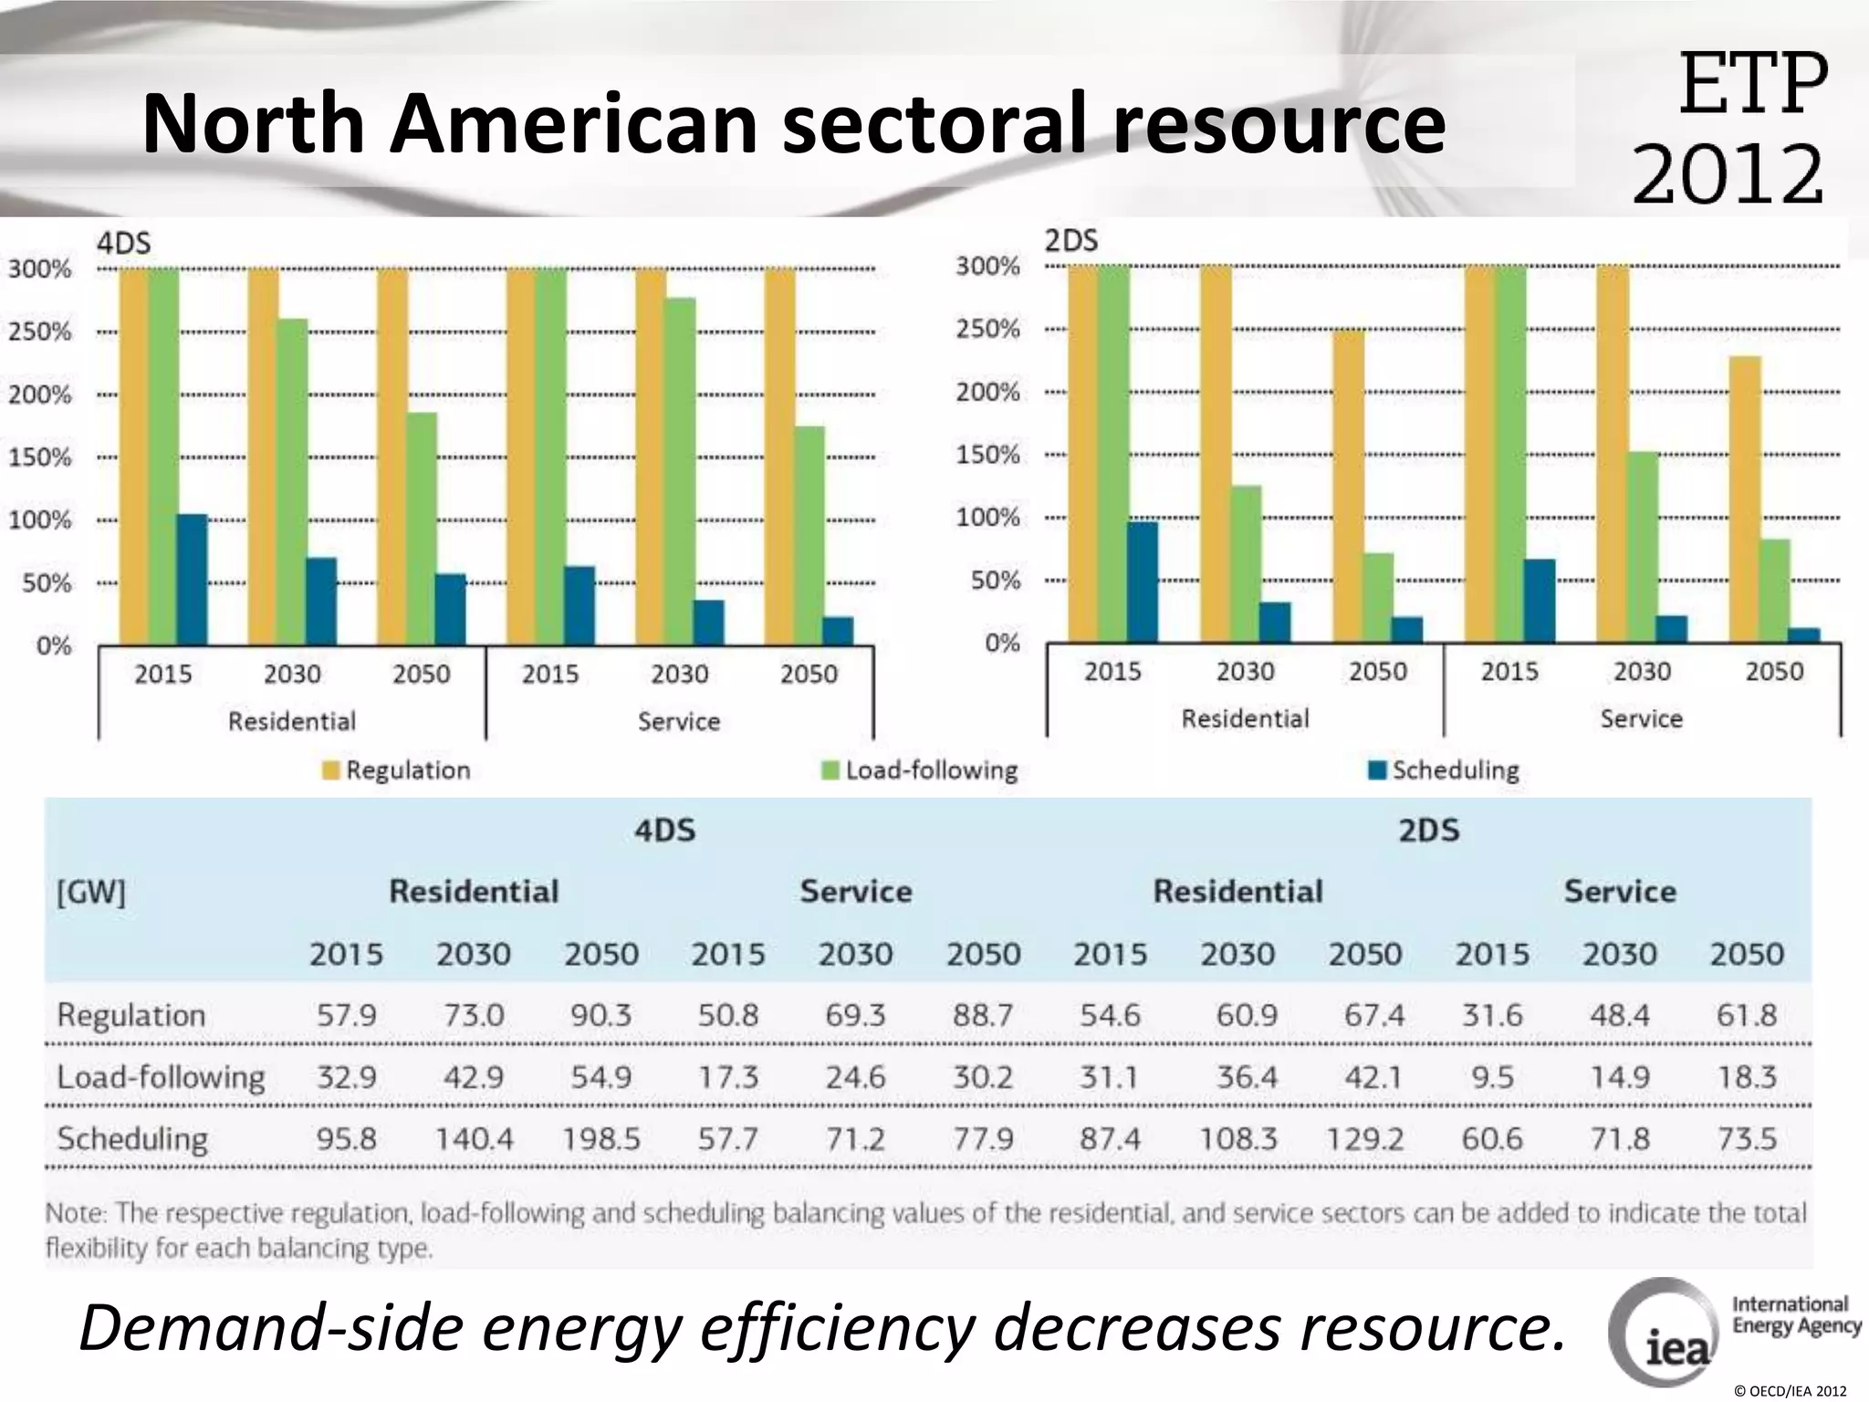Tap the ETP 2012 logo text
coord(1729,128)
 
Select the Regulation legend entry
coord(397,770)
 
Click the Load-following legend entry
coord(920,770)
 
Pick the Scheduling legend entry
coord(1445,770)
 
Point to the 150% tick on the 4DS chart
coord(40,457)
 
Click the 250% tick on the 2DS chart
coord(987,329)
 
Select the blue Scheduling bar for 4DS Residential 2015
coord(192,580)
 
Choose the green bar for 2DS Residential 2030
coord(1246,563)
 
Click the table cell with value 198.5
coord(600,1139)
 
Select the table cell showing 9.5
coord(1492,1078)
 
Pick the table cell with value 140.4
coord(474,1139)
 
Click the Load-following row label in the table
coord(161,1078)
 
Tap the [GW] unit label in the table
coord(90,892)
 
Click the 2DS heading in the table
coord(1428,831)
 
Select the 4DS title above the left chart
coord(123,244)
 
